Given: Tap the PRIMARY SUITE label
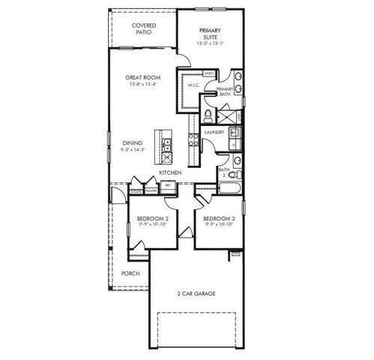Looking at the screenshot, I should coord(209,32).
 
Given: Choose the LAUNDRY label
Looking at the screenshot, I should coord(214,132).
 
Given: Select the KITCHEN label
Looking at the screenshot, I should coord(171,172).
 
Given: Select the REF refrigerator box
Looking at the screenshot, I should coord(169,184).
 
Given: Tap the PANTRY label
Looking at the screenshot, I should coord(151,191).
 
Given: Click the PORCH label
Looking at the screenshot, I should coord(130,273).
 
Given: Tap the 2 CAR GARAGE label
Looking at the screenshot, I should coord(196,293).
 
